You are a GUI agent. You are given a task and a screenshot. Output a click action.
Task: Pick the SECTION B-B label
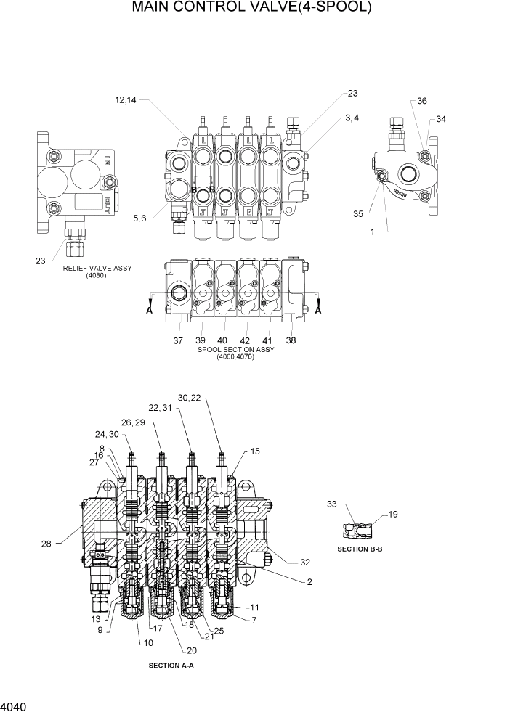click(360, 549)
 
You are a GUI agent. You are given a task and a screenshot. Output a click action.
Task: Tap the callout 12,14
click(125, 100)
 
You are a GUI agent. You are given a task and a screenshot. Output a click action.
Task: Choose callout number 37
click(178, 340)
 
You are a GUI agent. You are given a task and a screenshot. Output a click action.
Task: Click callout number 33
click(332, 503)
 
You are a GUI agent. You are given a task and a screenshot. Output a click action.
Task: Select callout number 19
click(393, 515)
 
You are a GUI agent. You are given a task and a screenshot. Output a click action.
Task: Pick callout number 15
click(254, 451)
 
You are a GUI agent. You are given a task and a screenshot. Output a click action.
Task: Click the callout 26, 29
click(134, 422)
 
